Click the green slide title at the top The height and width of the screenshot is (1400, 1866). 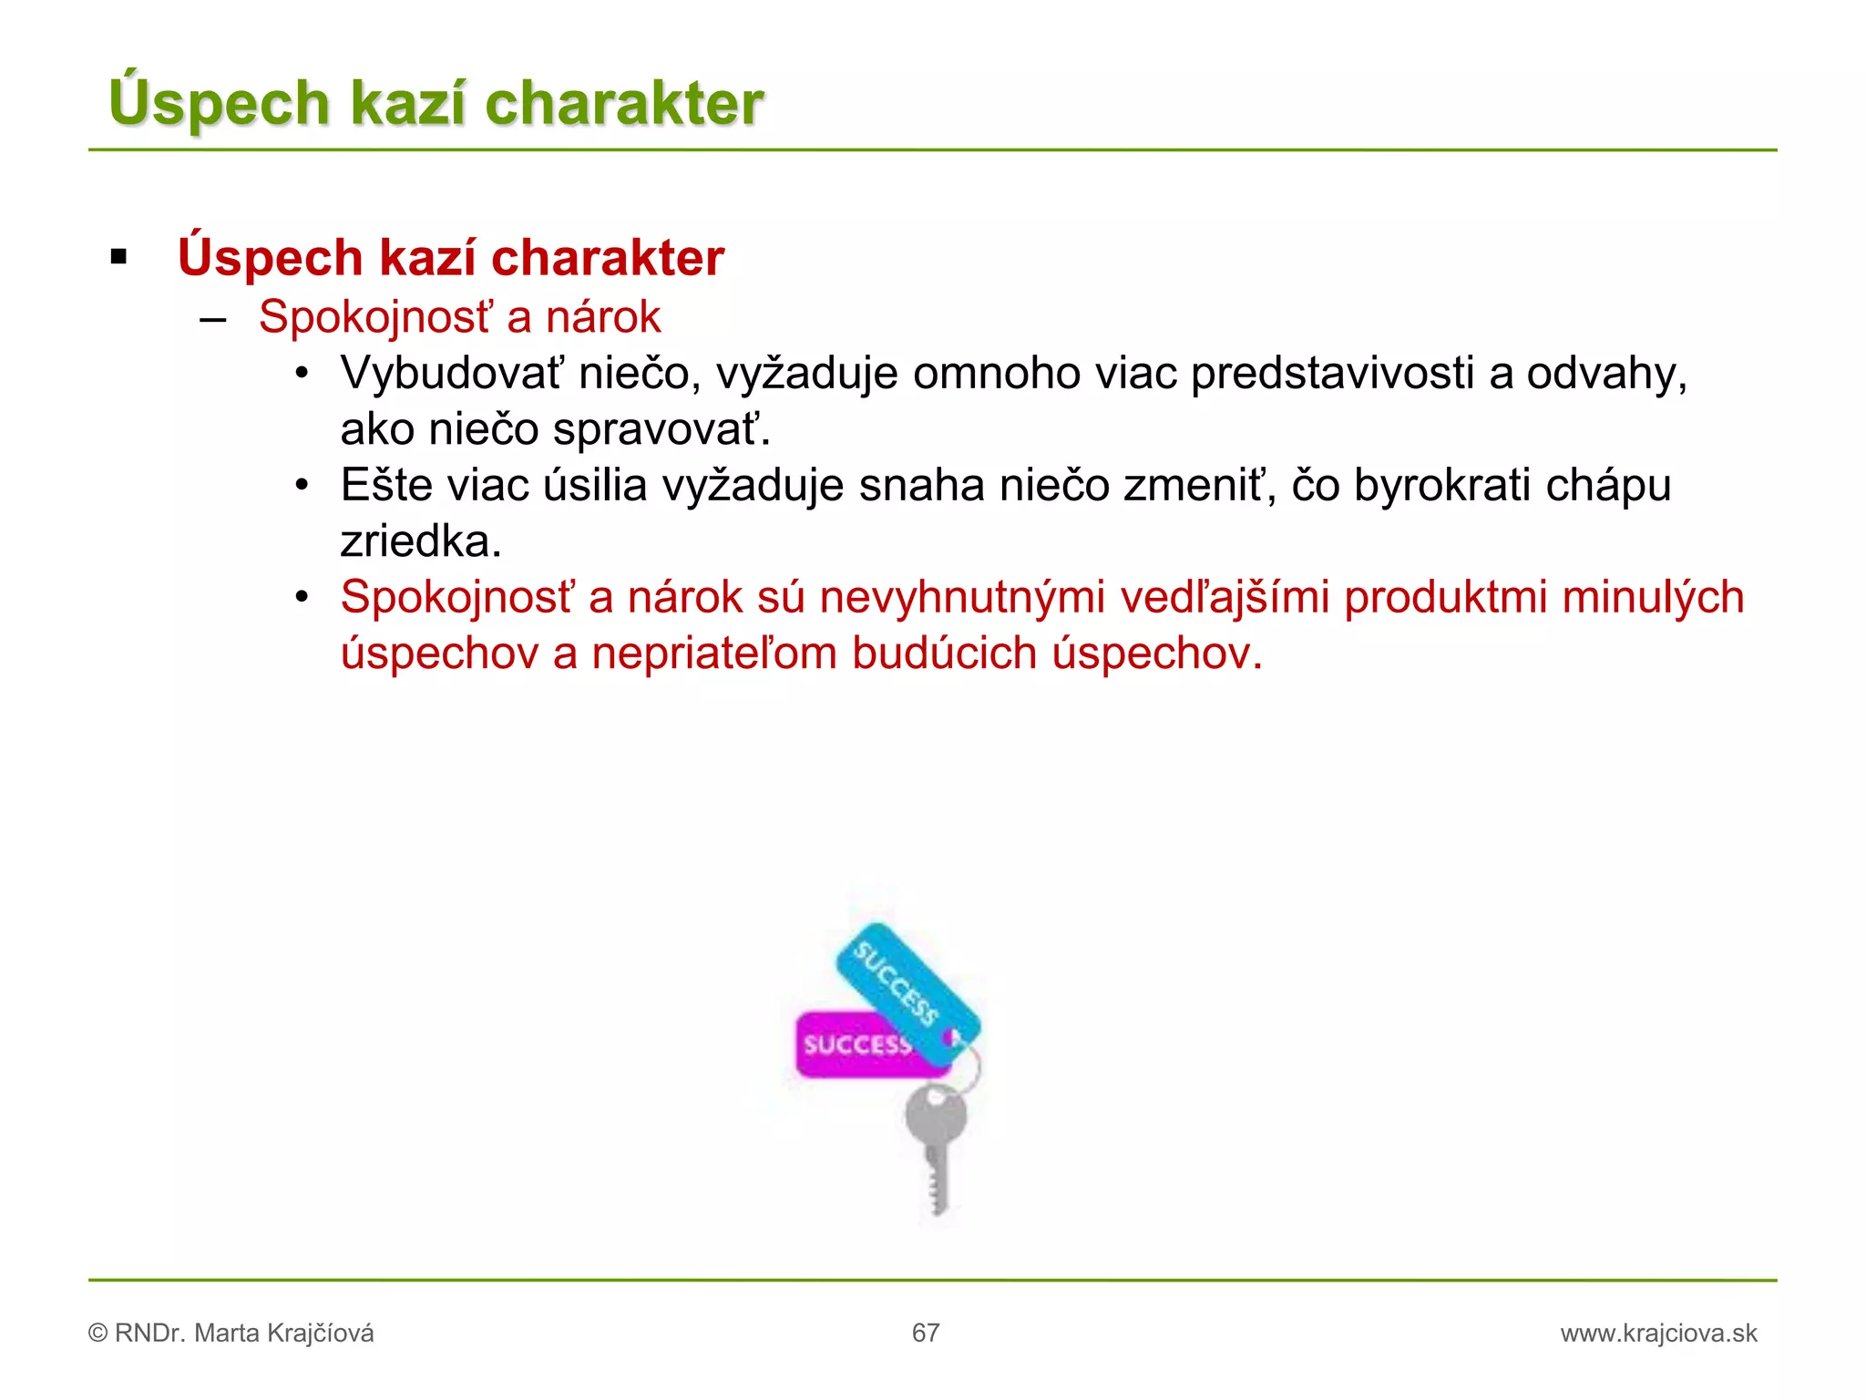point(436,102)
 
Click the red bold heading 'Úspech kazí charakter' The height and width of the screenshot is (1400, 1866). point(451,257)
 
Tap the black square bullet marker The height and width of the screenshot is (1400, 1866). point(118,258)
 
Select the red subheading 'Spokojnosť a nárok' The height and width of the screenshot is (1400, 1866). point(459,317)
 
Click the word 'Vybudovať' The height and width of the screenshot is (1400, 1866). point(452,374)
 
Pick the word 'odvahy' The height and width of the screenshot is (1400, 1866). point(1604,374)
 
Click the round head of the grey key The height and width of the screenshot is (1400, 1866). point(936,1117)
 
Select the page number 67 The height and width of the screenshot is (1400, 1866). point(926,1333)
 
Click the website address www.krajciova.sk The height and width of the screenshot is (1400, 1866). point(1658,1333)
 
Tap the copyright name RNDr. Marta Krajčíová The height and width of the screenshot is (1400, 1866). point(243,1333)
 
